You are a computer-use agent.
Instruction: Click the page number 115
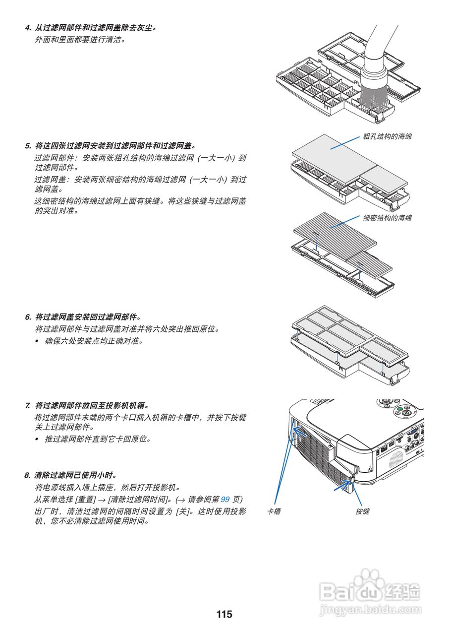click(224, 614)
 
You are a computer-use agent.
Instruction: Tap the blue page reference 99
click(224, 499)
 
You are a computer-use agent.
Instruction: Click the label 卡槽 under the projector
click(274, 511)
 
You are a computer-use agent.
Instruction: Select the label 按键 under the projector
click(362, 511)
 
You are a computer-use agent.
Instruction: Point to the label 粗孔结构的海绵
click(387, 136)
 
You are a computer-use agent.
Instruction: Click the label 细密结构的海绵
click(387, 218)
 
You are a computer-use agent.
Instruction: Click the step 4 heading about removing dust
click(92, 27)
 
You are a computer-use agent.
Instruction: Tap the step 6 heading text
click(83, 317)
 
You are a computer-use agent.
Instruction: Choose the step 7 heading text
click(87, 405)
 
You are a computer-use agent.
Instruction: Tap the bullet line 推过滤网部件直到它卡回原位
click(98, 439)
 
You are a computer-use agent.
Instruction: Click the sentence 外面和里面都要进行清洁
click(80, 39)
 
